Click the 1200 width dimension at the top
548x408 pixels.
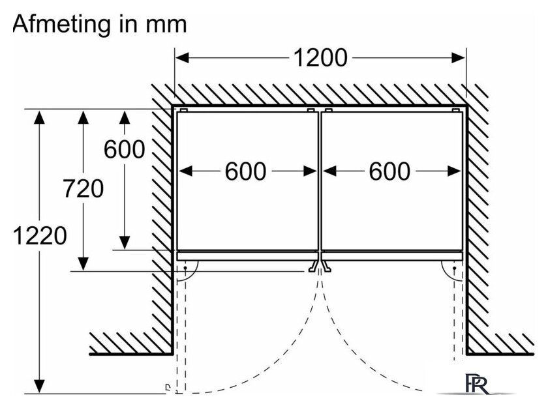(320, 57)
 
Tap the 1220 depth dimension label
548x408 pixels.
(40, 235)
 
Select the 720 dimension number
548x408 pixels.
(84, 188)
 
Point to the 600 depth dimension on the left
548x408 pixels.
(125, 149)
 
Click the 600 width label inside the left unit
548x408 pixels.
(245, 171)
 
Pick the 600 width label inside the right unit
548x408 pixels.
(389, 171)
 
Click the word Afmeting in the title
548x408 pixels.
(61, 25)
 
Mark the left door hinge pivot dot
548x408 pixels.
(185, 268)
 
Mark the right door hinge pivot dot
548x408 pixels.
(454, 268)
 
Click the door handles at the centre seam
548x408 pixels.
(320, 266)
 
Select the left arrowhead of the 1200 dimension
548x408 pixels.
(182, 57)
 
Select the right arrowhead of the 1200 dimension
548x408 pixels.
(459, 57)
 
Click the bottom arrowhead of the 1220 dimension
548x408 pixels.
(40, 386)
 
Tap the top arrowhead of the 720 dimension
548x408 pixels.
(84, 117)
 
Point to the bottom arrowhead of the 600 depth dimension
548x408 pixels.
(125, 242)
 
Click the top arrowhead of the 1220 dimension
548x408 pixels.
(40, 117)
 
